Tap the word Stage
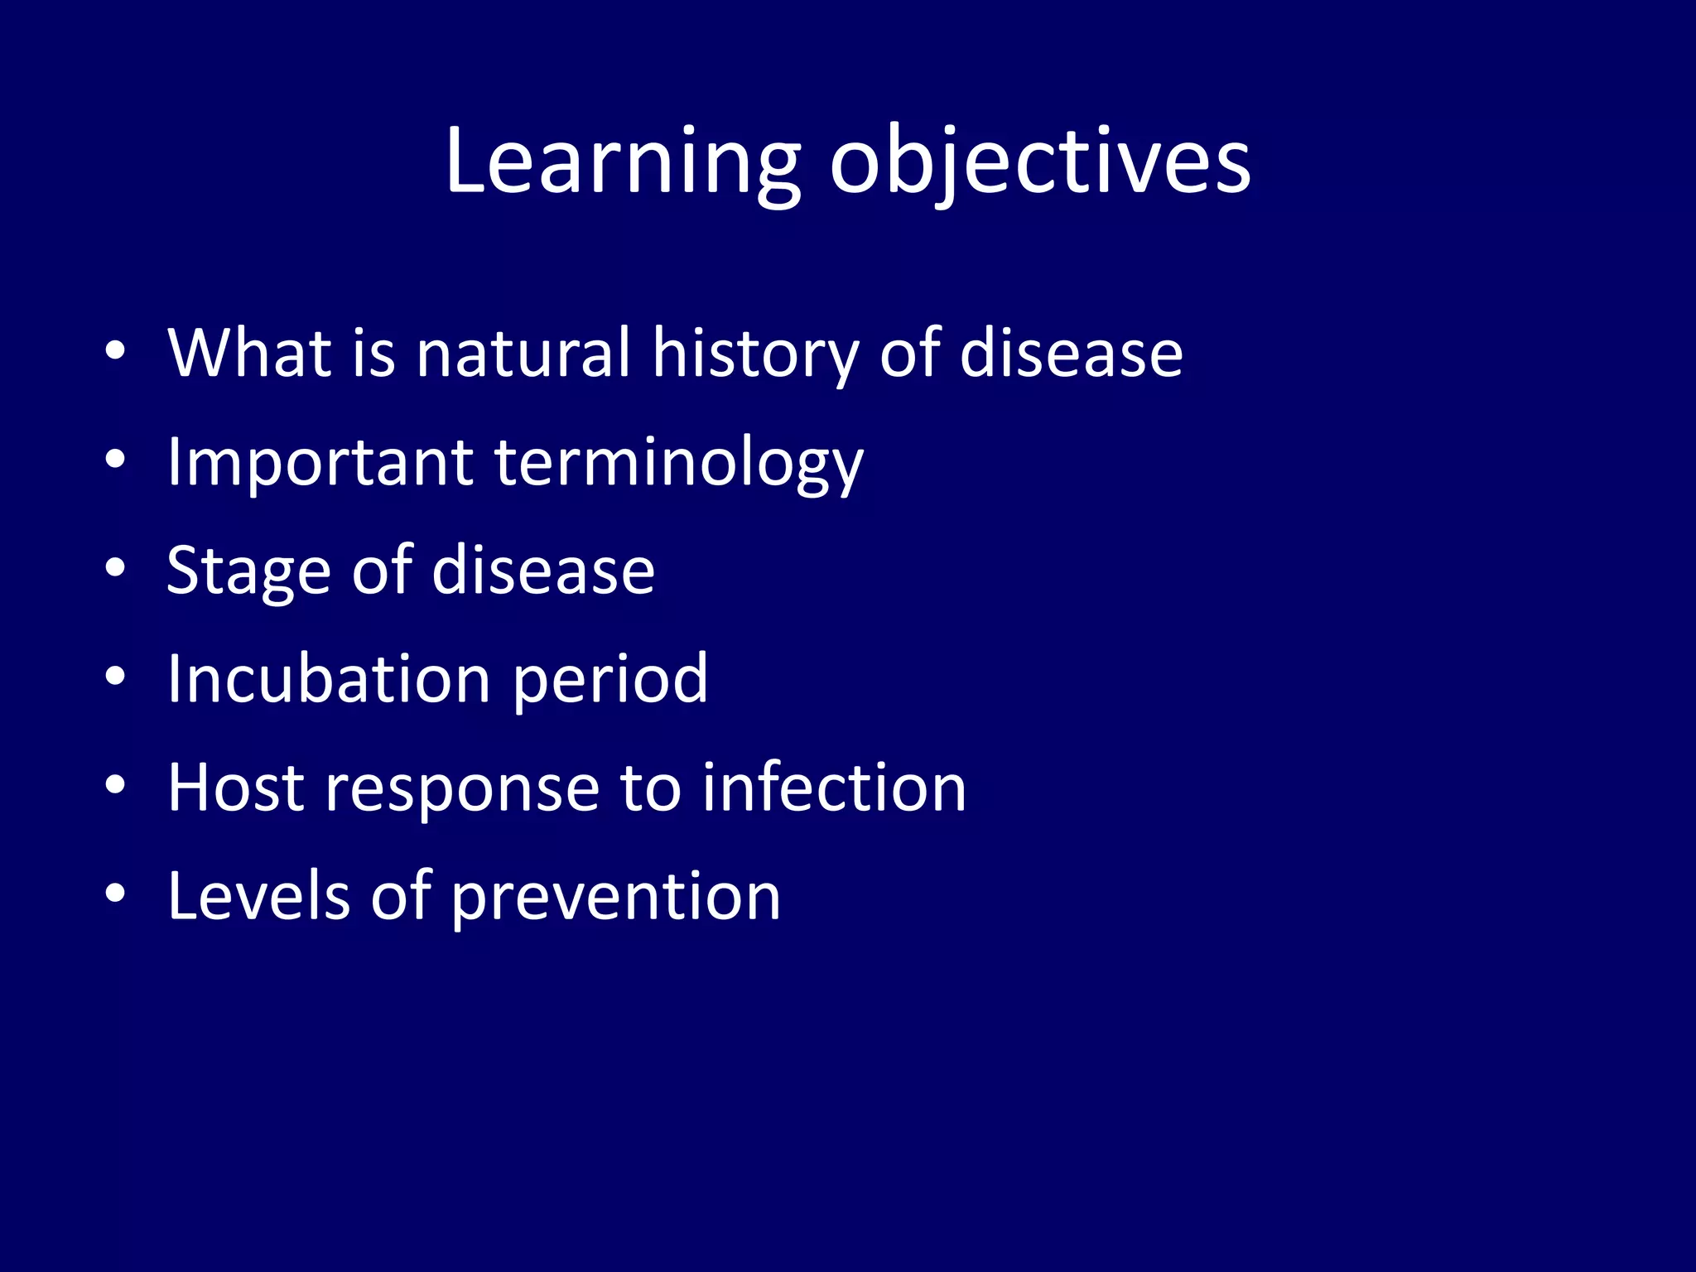pos(248,571)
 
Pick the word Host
pos(236,788)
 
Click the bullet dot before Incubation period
pos(115,677)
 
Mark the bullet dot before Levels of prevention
pos(115,894)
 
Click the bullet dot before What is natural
pos(115,351)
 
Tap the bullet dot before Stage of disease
pos(115,568)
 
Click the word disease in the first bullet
pos(1072,354)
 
